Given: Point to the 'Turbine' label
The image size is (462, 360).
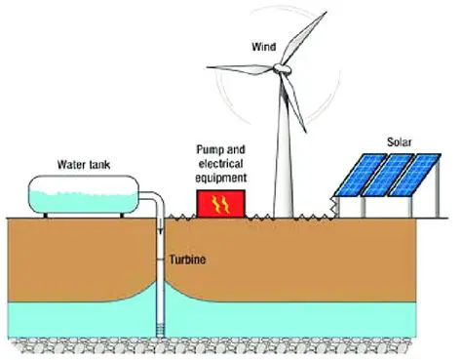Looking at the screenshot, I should [x=190, y=260].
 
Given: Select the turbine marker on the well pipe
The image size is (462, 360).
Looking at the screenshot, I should [x=163, y=260].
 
